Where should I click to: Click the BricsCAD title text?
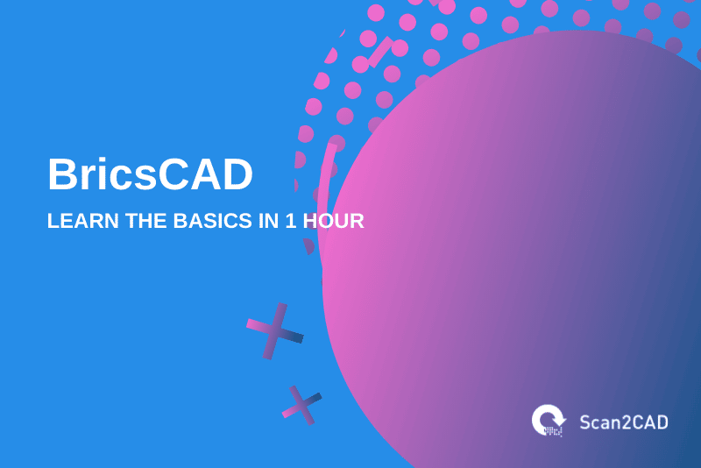[150, 174]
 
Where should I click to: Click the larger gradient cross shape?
[274, 331]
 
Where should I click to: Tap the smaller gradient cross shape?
[301, 405]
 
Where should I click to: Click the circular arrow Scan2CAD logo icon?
[549, 420]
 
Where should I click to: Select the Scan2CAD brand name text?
[623, 422]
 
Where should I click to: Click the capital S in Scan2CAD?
[585, 422]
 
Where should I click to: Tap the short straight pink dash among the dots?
[379, 53]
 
